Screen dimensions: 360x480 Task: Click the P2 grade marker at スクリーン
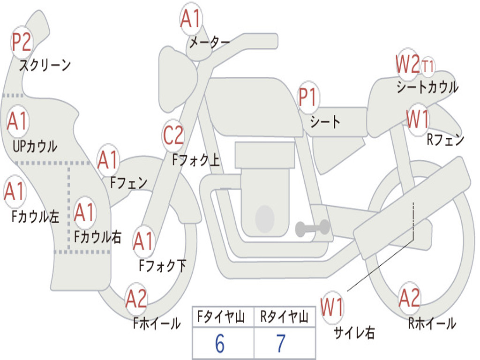pyautogui.click(x=21, y=43)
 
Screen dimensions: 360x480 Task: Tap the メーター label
pyautogui.click(x=209, y=43)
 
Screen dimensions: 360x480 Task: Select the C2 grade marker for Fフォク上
pyautogui.click(x=173, y=136)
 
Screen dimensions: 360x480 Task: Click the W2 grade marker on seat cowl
pyautogui.click(x=407, y=64)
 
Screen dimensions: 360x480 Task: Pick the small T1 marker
pyautogui.click(x=427, y=66)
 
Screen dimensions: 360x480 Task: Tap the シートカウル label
pyautogui.click(x=427, y=87)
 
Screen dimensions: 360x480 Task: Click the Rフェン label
pyautogui.click(x=445, y=139)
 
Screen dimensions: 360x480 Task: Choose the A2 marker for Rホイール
pyautogui.click(x=409, y=298)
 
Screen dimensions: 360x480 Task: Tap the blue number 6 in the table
pyautogui.click(x=220, y=344)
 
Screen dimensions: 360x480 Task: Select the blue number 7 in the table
pyautogui.click(x=281, y=344)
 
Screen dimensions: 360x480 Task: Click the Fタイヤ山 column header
pyautogui.click(x=222, y=318)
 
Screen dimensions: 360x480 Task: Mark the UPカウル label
pyautogui.click(x=34, y=146)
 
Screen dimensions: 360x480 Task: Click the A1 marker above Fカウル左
pyautogui.click(x=14, y=192)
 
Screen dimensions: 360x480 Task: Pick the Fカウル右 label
pyautogui.click(x=98, y=237)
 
